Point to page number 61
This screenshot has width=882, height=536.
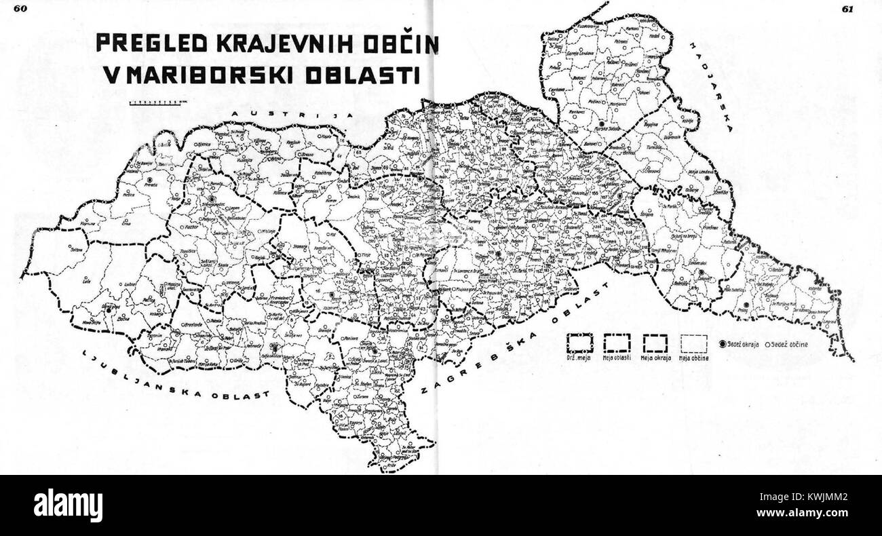coord(847,9)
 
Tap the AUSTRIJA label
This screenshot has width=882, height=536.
coord(292,114)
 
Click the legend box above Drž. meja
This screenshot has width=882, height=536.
coord(581,344)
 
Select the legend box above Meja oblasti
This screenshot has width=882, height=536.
coord(617,344)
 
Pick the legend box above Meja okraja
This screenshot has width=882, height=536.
coord(655,344)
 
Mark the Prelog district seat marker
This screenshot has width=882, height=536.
coord(745,305)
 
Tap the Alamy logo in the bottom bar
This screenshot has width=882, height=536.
coord(68,505)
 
